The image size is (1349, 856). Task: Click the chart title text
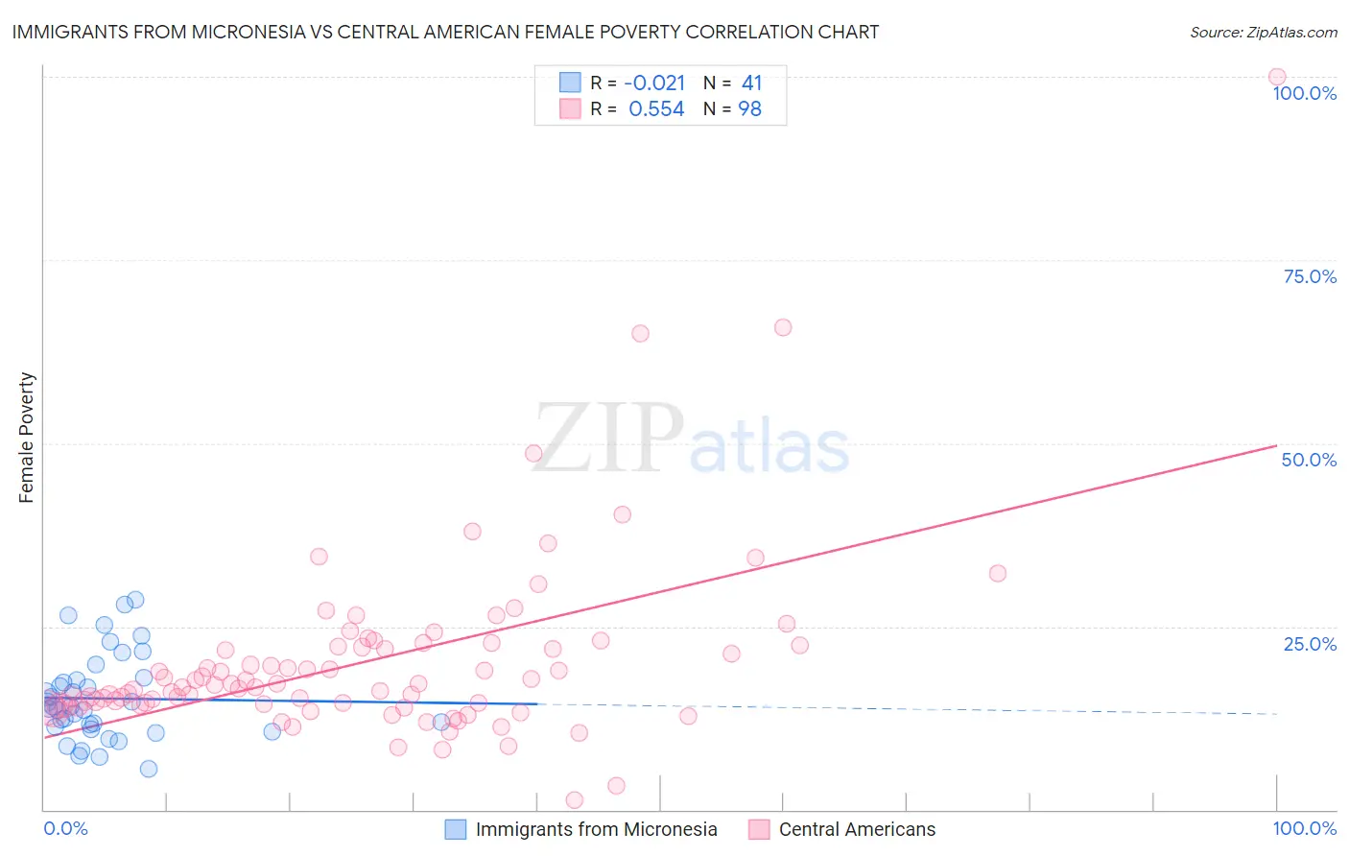(x=445, y=33)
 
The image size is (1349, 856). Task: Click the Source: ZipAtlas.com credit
(x=1263, y=33)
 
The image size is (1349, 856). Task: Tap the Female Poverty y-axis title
(x=27, y=438)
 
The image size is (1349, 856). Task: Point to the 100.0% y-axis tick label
(x=1304, y=94)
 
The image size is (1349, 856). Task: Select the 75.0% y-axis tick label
(x=1310, y=277)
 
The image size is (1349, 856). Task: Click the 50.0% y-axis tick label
(x=1309, y=461)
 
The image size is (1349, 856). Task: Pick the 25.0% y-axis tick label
(x=1310, y=644)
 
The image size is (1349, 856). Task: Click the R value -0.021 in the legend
(x=654, y=83)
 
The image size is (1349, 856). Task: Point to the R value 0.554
(x=656, y=109)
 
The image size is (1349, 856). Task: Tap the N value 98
(x=749, y=109)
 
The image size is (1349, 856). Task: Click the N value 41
(x=751, y=83)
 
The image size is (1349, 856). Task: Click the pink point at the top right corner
(x=1277, y=77)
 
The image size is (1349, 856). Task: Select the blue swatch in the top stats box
(x=570, y=83)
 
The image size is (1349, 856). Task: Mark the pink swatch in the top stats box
(x=570, y=109)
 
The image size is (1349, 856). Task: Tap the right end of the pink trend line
(x=1276, y=445)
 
